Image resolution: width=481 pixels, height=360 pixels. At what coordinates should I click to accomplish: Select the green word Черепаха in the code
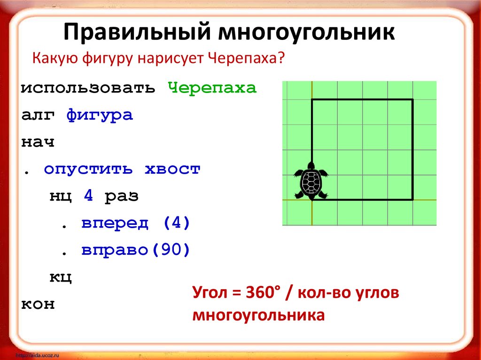212,88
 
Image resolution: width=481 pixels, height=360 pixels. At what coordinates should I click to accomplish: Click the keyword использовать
88,88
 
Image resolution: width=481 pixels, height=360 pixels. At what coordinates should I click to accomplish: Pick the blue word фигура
100,115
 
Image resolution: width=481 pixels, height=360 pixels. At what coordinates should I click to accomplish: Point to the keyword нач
38,142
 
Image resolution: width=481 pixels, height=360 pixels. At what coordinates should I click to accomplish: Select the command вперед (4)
135,223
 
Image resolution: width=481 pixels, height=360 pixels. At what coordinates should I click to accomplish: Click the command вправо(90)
135,250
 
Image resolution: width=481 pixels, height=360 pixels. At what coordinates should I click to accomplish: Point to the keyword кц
61,277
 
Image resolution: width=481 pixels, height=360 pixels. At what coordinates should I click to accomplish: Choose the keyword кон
38,304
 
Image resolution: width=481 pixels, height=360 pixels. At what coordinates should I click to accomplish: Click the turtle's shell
310,182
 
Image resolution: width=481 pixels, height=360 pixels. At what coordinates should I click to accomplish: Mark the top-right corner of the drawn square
412,100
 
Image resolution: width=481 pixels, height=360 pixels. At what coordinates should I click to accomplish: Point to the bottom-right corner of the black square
412,199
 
